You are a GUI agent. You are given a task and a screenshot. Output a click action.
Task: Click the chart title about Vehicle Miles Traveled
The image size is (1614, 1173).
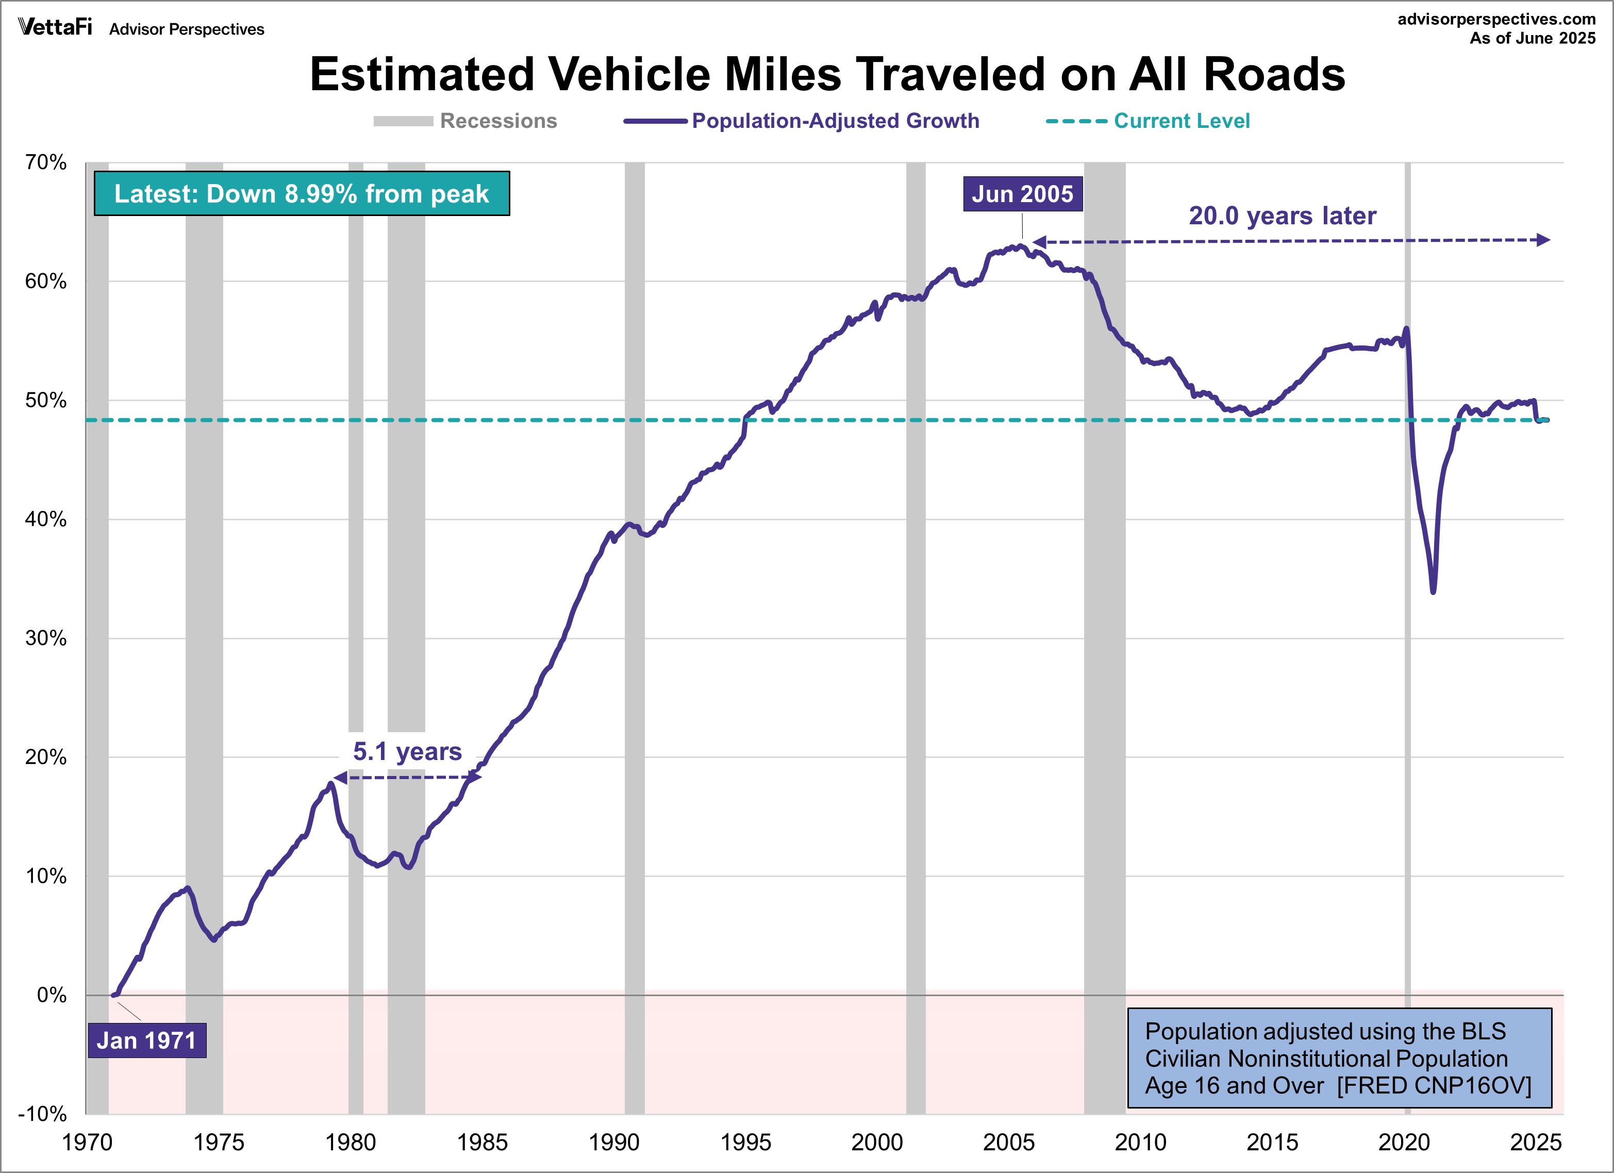pyautogui.click(x=827, y=74)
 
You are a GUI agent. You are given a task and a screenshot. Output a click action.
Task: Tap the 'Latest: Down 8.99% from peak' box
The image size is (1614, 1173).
pyautogui.click(x=302, y=193)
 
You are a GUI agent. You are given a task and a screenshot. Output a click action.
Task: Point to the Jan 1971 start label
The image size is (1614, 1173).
pyautogui.click(x=146, y=1040)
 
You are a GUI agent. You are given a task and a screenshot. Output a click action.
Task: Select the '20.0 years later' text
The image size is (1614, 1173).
pyautogui.click(x=1283, y=216)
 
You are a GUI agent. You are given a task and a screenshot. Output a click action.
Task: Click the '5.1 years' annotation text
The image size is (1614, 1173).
pyautogui.click(x=407, y=752)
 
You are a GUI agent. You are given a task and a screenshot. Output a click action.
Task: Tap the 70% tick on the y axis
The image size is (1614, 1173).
pyautogui.click(x=45, y=162)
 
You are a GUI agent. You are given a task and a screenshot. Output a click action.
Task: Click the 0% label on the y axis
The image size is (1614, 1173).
pyautogui.click(x=51, y=995)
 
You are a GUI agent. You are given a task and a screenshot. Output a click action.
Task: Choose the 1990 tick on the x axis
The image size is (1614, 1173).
pyautogui.click(x=613, y=1143)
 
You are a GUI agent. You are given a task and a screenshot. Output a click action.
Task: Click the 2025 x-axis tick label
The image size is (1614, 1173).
pyautogui.click(x=1536, y=1143)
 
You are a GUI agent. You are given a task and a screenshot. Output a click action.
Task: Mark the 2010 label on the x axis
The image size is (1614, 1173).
pyautogui.click(x=1140, y=1143)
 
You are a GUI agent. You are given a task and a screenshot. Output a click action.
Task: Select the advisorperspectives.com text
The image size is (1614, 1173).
pyautogui.click(x=1496, y=19)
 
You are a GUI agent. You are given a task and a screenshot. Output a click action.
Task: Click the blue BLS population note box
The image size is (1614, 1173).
pyautogui.click(x=1339, y=1058)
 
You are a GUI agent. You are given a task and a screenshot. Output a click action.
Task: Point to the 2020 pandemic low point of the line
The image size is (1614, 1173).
pyautogui.click(x=1433, y=591)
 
